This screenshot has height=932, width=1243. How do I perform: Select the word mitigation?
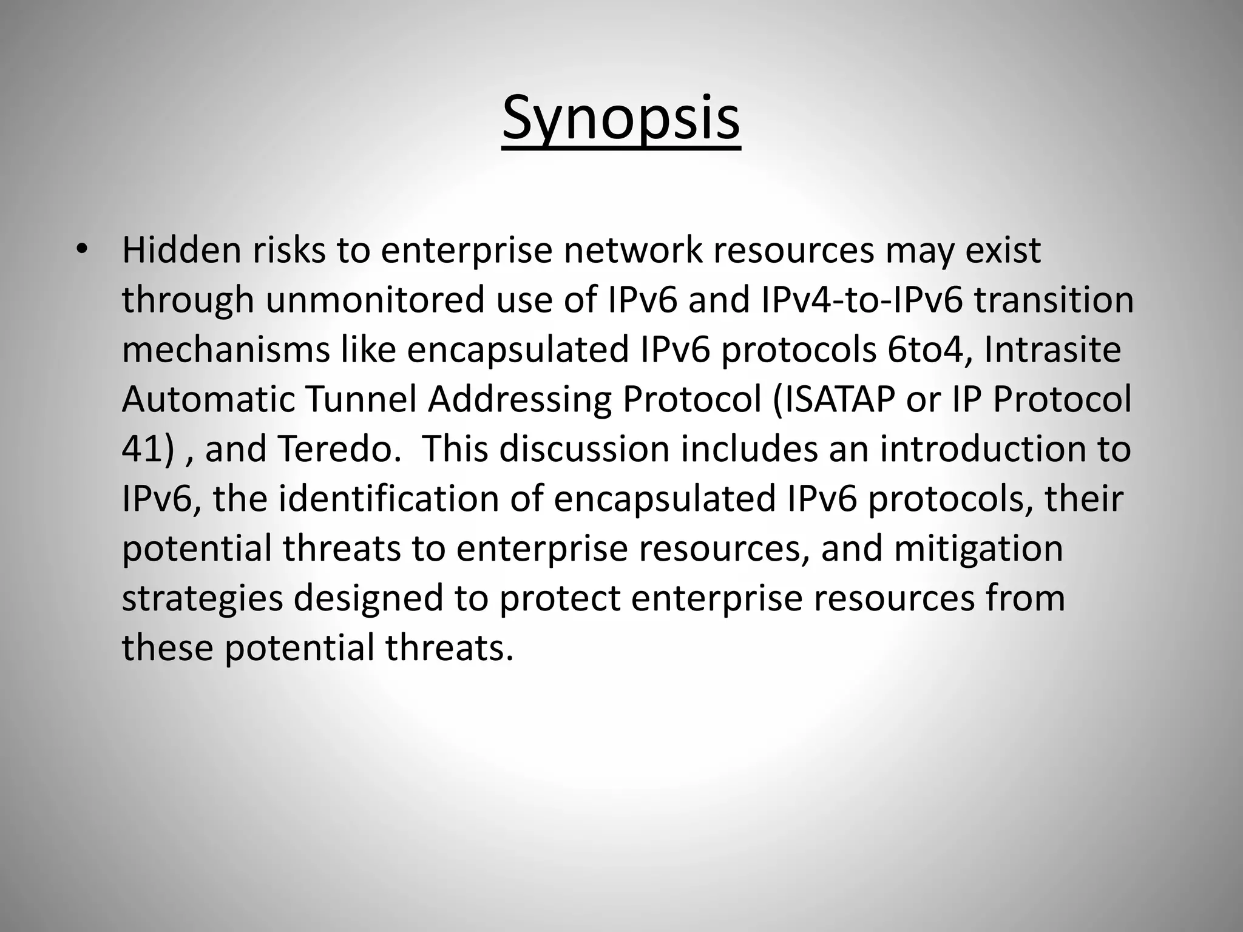978,549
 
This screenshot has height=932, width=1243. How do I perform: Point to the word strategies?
203,598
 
